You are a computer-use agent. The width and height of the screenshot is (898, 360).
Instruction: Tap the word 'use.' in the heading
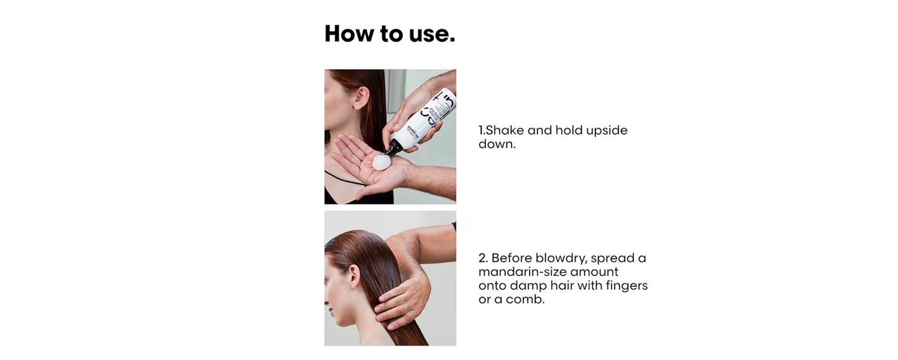click(432, 34)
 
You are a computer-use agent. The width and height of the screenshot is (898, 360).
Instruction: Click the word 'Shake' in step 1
click(505, 131)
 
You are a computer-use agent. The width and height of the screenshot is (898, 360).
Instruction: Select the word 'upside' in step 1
click(607, 131)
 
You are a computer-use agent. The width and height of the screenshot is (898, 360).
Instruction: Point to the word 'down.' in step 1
click(497, 144)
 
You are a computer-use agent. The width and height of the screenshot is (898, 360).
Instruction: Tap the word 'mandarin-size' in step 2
click(522, 272)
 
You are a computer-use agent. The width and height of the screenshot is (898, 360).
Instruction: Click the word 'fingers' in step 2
click(626, 285)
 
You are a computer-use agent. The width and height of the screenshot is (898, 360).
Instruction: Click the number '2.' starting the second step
click(483, 258)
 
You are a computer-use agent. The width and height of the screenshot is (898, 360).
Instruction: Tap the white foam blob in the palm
click(381, 162)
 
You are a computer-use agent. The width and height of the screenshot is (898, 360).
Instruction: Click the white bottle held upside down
click(429, 121)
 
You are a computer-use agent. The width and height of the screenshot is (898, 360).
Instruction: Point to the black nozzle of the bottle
click(394, 148)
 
